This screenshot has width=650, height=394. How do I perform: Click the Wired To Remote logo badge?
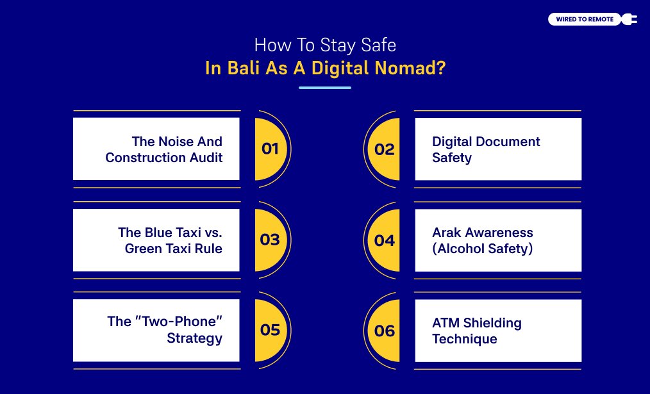585,19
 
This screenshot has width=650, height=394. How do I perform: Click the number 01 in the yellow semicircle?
270,149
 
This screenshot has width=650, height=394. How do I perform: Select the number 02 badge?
385,149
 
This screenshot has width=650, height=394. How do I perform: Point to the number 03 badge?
270,240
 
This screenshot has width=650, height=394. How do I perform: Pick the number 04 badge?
385,240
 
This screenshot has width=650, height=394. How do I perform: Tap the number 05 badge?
270,330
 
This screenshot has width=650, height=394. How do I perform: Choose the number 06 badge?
385,331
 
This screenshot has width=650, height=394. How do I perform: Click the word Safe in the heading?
379,45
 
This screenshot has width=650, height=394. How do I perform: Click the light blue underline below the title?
325,87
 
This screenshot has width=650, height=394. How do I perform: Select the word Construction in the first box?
144,157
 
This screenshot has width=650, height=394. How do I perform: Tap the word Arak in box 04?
447,232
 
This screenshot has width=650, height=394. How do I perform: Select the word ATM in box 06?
446,323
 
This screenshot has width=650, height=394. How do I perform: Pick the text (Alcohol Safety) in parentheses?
483,248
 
